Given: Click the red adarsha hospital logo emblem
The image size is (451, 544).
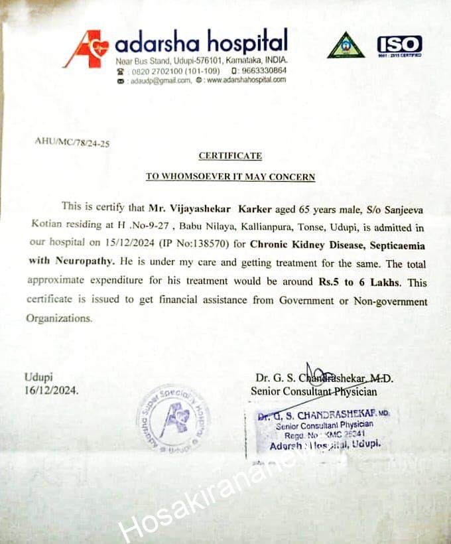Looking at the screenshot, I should click(x=86, y=49).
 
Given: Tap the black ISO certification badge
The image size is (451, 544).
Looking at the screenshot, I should click(x=399, y=45).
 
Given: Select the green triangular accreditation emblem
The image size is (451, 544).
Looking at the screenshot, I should click(x=346, y=46).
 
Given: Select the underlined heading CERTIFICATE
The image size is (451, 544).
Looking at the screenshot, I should click(x=230, y=156).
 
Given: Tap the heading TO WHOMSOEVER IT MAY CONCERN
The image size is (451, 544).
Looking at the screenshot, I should click(x=230, y=177).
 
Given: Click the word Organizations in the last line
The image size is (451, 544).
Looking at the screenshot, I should click(x=58, y=318).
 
